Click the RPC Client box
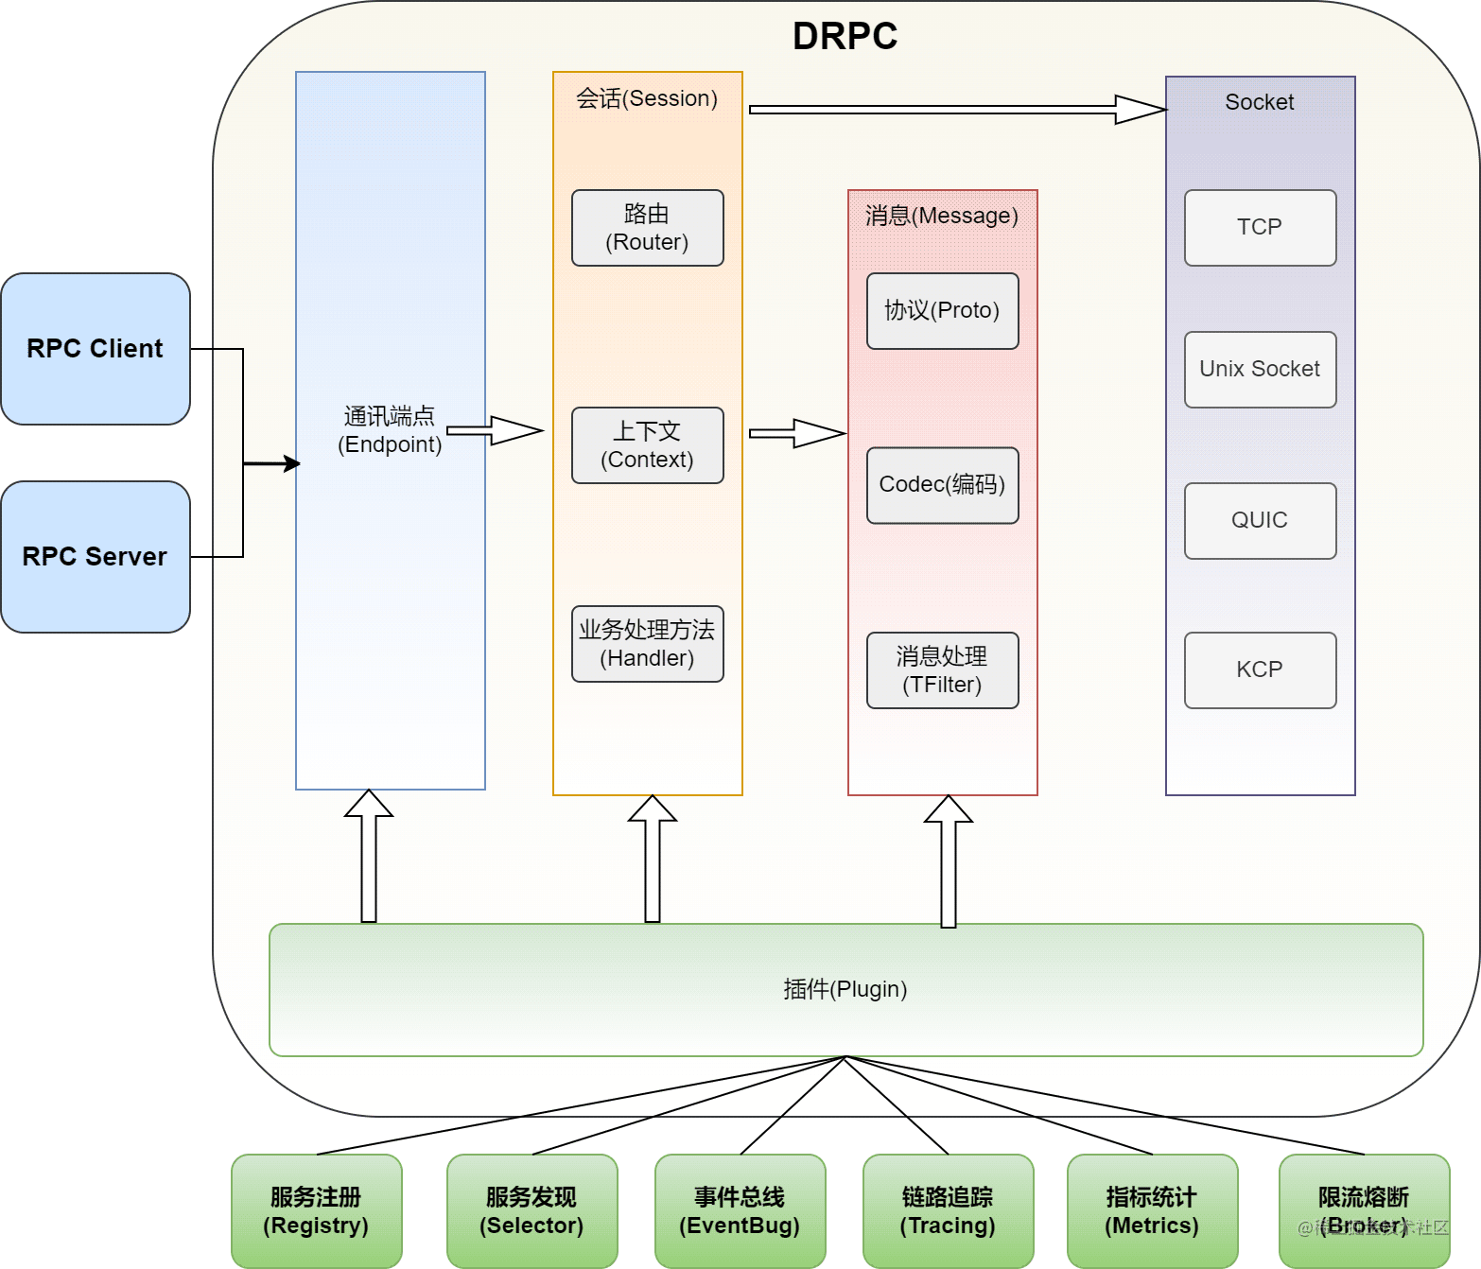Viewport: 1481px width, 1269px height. [x=96, y=349]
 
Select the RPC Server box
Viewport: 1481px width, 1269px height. [x=96, y=557]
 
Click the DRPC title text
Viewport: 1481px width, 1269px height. [x=845, y=36]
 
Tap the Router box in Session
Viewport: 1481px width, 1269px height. [x=648, y=228]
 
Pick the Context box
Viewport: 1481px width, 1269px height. [x=648, y=445]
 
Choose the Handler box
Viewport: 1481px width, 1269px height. [x=648, y=644]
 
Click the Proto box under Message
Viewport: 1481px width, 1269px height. [x=943, y=311]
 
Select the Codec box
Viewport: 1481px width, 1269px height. [x=943, y=485]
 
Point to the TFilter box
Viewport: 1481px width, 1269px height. [x=943, y=670]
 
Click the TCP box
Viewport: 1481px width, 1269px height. [x=1261, y=228]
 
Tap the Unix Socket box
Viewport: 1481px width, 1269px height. [x=1261, y=370]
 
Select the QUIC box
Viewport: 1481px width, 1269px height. [x=1261, y=521]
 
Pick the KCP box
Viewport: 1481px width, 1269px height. [x=1261, y=670]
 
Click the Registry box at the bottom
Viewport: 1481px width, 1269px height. [x=317, y=1211]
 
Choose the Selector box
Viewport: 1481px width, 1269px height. [x=532, y=1211]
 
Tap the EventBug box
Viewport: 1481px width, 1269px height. [x=740, y=1211]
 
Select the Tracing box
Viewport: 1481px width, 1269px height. [x=949, y=1211]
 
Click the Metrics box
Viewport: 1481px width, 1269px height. [x=1153, y=1211]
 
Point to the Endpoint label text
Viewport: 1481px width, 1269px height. [x=390, y=430]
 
